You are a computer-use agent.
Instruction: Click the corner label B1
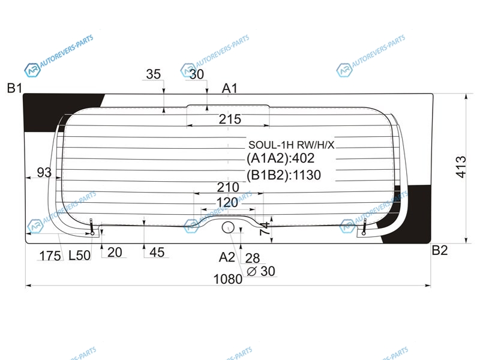point(14,88)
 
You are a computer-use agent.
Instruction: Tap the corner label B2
point(440,250)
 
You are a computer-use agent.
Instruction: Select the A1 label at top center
point(230,88)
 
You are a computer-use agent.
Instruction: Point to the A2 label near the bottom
point(227,257)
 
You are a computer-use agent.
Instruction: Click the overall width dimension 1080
point(228,279)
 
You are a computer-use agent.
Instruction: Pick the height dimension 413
point(461,167)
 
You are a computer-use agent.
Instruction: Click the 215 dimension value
point(230,119)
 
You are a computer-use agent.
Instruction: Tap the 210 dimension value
point(228,187)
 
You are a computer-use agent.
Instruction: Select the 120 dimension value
point(227,202)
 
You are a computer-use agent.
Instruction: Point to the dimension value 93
point(44,172)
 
